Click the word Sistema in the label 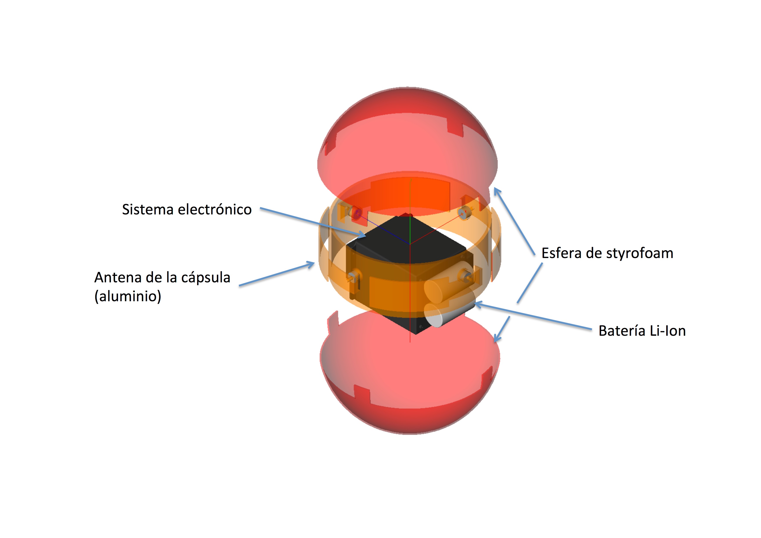pos(148,209)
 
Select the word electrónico pos(215,209)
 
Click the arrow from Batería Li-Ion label pos(534,317)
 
